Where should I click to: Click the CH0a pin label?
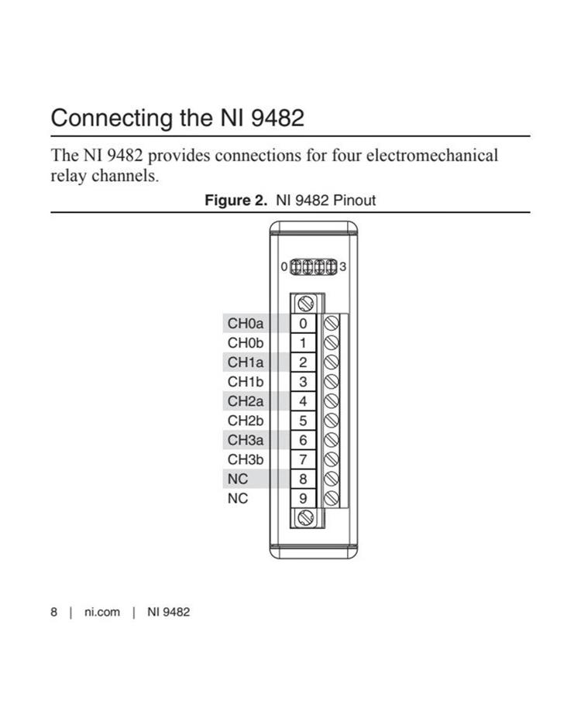pos(246,323)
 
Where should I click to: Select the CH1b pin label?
pos(246,382)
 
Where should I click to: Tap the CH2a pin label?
pos(246,401)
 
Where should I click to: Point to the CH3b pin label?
pos(246,459)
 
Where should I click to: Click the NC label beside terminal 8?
pos(238,479)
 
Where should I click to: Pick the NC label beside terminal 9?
pos(238,498)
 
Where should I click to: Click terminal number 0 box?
pos(303,323)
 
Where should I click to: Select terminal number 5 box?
pos(303,421)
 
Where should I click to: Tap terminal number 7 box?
pos(303,459)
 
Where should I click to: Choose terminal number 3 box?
pos(303,382)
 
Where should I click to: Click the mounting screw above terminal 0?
pos(305,304)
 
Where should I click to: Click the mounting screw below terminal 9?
pos(305,517)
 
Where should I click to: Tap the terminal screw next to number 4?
pos(331,401)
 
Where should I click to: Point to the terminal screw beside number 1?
pos(331,342)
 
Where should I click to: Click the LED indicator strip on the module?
pos(314,267)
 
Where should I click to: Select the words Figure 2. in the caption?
pos(236,201)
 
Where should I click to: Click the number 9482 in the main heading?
pos(277,118)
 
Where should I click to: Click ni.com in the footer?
pos(102,612)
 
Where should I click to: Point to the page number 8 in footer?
pos(54,612)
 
